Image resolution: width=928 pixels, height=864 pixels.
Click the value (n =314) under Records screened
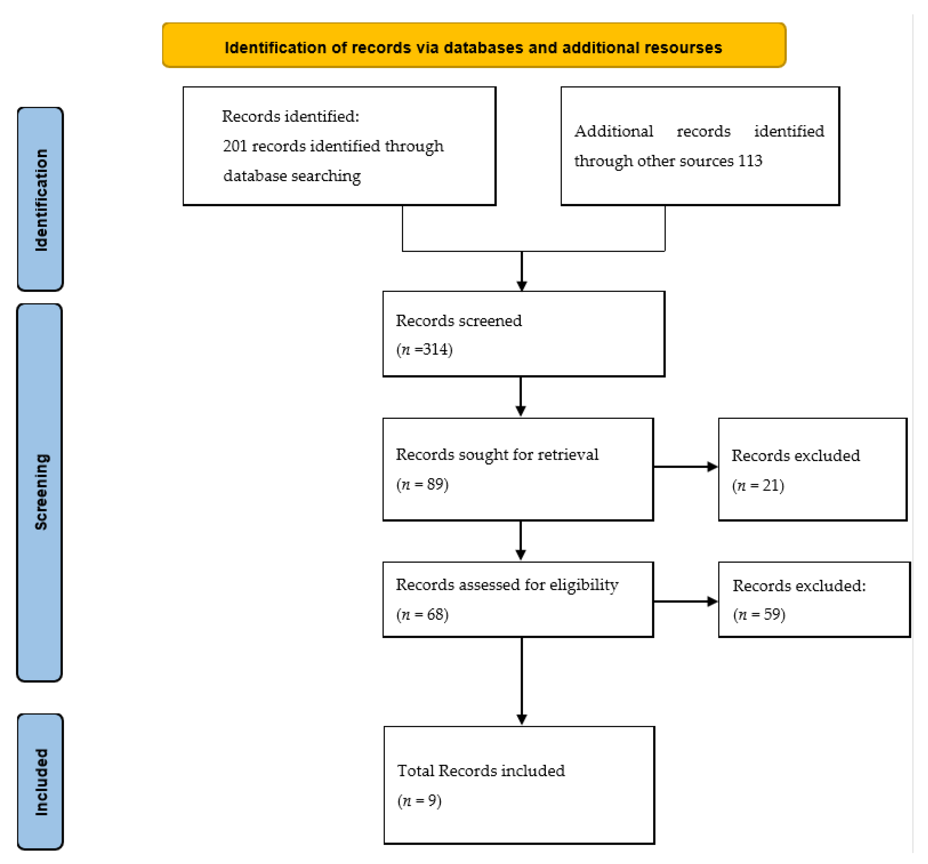point(424,349)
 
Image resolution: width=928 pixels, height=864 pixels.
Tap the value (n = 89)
point(422,484)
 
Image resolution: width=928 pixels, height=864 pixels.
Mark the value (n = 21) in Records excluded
point(758,486)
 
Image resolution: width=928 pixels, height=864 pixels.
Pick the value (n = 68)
point(422,614)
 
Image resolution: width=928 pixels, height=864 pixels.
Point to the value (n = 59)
point(759,614)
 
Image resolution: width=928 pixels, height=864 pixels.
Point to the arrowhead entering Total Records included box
point(522,719)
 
